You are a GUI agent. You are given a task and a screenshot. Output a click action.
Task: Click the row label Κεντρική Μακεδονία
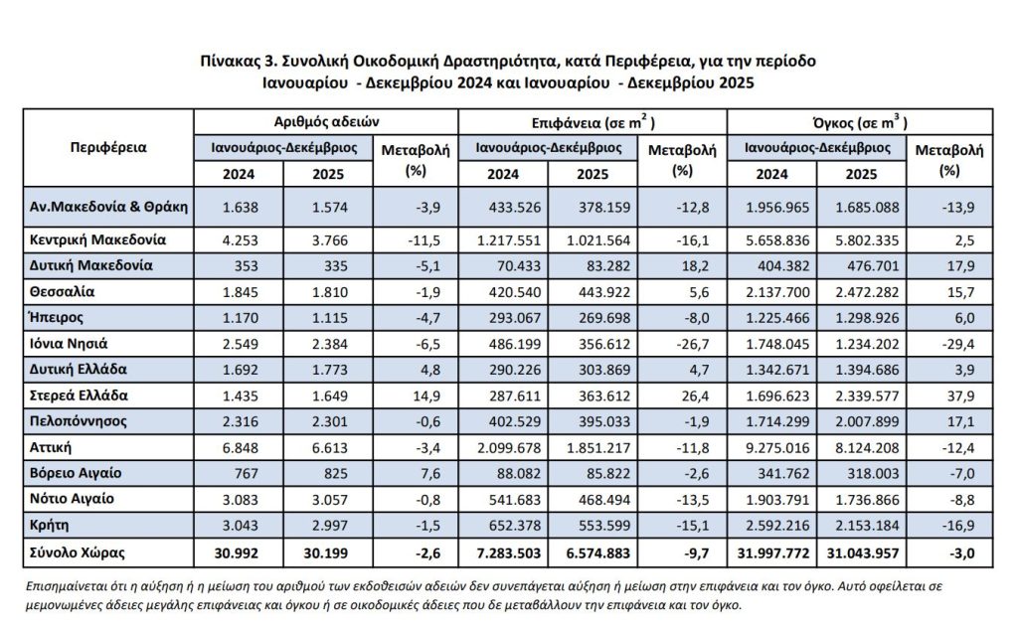97,239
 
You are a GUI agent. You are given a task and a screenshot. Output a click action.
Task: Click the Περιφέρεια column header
108,147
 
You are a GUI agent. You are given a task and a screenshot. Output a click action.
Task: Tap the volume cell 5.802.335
866,239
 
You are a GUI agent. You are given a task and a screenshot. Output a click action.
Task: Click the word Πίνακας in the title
232,61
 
